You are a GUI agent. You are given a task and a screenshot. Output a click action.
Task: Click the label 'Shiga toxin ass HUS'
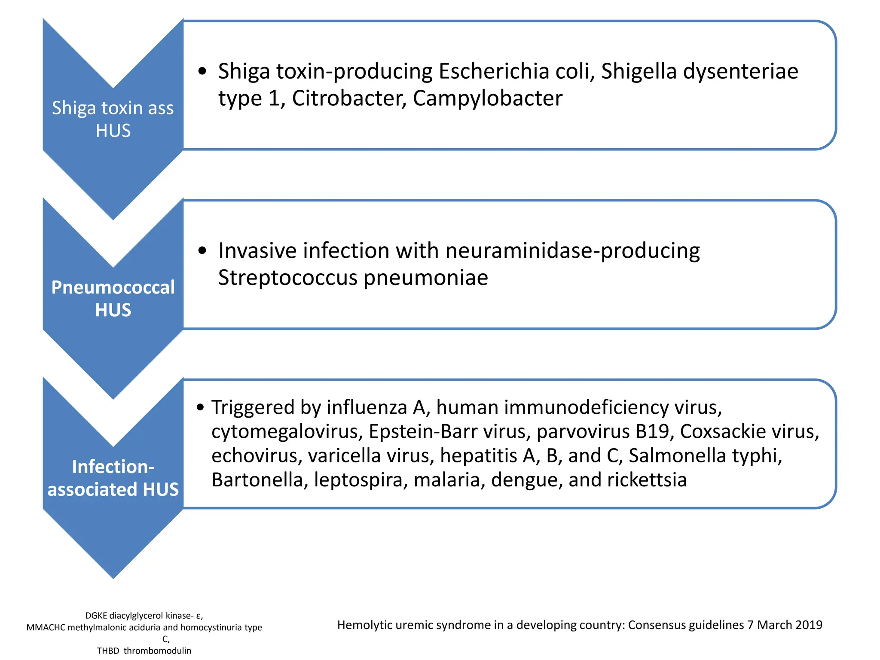click(x=113, y=119)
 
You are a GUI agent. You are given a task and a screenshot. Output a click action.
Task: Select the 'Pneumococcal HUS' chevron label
click(x=113, y=299)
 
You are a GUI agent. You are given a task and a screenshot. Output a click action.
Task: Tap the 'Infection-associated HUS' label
click(x=113, y=478)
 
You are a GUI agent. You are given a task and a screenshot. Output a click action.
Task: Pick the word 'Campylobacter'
click(x=487, y=98)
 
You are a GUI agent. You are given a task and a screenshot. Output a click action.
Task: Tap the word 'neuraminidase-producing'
click(x=572, y=251)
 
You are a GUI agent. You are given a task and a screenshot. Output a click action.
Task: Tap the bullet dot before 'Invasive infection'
click(x=202, y=251)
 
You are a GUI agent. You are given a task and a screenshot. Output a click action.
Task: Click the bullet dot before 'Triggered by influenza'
click(x=200, y=407)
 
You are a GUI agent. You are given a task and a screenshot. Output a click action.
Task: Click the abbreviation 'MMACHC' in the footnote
click(x=46, y=627)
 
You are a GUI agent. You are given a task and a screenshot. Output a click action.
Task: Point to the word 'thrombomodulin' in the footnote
click(x=157, y=651)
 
